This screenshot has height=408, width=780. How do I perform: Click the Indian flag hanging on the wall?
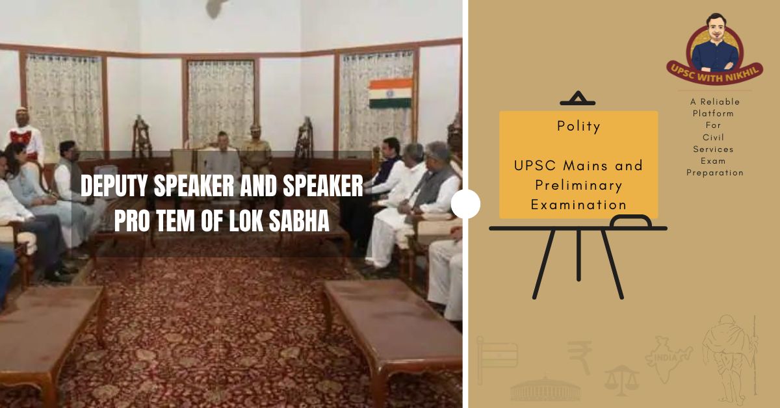pos(390,93)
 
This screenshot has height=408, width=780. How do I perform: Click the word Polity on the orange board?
pos(578,127)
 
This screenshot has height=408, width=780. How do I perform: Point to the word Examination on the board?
pos(578,205)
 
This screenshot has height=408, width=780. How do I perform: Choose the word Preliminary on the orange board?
pos(578,185)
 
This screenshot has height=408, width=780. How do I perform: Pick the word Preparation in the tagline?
pos(715,173)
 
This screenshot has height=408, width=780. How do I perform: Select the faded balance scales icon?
pos(621,379)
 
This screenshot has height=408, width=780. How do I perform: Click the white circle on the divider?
pos(465,204)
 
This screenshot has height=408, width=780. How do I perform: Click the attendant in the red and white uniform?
pos(24,136)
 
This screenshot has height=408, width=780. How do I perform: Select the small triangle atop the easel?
pos(577,99)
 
